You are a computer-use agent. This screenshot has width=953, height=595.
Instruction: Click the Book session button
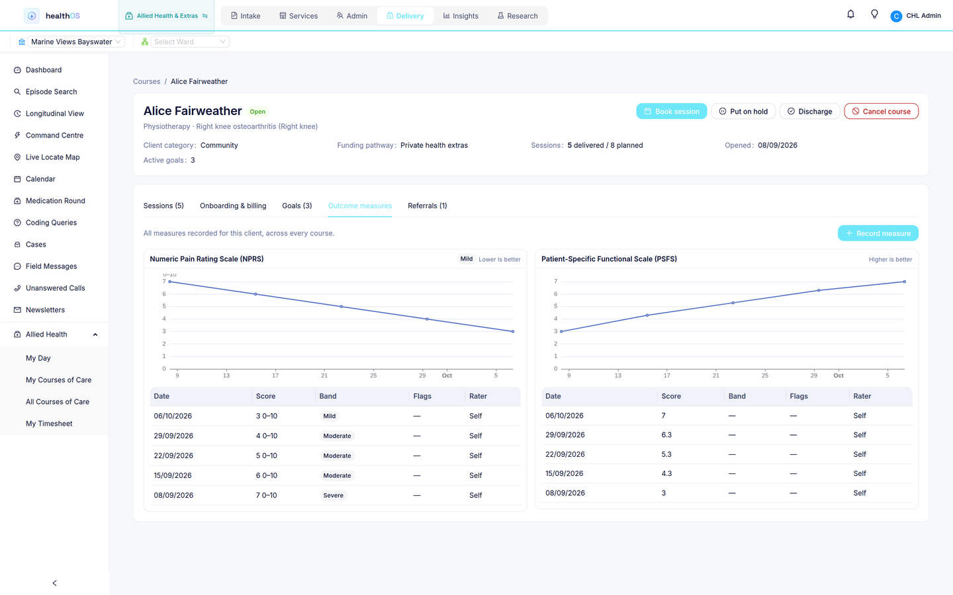pyautogui.click(x=671, y=111)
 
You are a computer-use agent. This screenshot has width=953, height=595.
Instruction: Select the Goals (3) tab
pyautogui.click(x=297, y=206)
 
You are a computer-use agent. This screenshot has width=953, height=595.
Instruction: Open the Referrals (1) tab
pyautogui.click(x=427, y=206)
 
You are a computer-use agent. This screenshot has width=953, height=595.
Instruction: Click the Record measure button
pyautogui.click(x=878, y=233)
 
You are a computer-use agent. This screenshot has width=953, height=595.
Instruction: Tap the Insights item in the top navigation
pyautogui.click(x=461, y=16)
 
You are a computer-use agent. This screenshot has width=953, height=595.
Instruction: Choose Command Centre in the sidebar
pyautogui.click(x=54, y=135)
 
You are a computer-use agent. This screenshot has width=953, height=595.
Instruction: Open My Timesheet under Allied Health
pyautogui.click(x=49, y=423)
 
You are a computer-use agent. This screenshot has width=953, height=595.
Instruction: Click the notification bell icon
pyautogui.click(x=850, y=15)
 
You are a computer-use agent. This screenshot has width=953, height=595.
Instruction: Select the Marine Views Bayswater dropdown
pyautogui.click(x=75, y=42)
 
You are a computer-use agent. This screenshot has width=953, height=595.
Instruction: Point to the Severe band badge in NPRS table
pyautogui.click(x=333, y=495)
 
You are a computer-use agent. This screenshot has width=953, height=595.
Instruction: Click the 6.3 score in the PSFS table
pyautogui.click(x=666, y=435)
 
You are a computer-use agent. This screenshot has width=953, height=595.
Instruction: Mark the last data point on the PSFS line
pyautogui.click(x=904, y=282)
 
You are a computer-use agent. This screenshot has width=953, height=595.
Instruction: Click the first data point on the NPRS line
pyautogui.click(x=169, y=282)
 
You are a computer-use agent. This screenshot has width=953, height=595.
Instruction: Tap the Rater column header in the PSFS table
pyautogui.click(x=862, y=396)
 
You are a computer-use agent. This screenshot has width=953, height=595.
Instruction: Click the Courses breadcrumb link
pyautogui.click(x=146, y=81)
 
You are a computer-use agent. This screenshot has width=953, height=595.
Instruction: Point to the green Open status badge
pyautogui.click(x=257, y=111)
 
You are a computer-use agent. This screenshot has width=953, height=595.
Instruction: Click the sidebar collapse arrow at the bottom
pyautogui.click(x=54, y=583)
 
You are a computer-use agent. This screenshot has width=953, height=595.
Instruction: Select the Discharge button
pyautogui.click(x=809, y=111)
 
